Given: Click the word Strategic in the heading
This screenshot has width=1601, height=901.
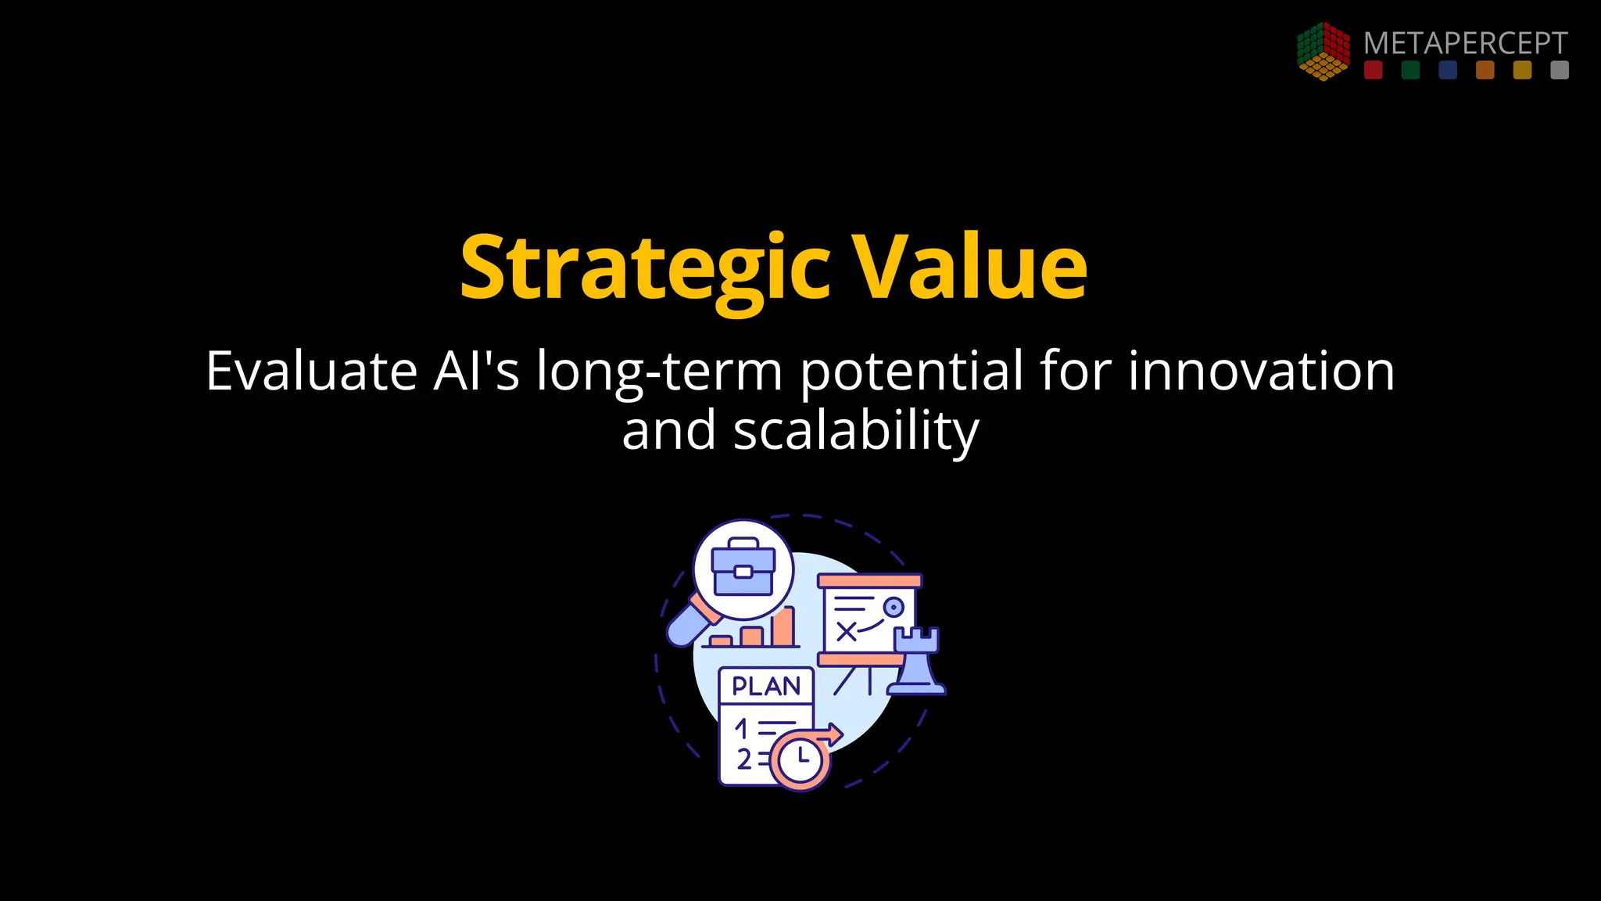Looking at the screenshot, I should [x=645, y=268].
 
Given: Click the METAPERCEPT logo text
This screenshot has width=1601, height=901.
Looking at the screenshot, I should [x=1465, y=43].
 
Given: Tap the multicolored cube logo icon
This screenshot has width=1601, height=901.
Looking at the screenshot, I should [x=1323, y=51].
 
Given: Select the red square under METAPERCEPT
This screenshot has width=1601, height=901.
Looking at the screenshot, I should [x=1373, y=70].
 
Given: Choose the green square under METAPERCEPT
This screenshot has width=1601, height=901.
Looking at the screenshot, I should [x=1410, y=70].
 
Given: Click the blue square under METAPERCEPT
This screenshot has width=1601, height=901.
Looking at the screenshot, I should [x=1448, y=70].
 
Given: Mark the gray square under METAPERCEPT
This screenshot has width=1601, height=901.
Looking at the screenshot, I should [x=1560, y=70].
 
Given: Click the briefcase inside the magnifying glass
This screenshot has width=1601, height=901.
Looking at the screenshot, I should [x=743, y=568].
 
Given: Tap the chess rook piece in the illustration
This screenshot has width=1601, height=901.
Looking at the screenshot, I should [x=916, y=661].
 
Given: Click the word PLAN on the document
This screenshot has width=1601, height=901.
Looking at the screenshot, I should [x=766, y=687].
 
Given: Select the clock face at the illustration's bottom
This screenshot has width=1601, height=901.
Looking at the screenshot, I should [x=800, y=759].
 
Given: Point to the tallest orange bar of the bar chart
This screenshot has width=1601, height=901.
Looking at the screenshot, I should [x=783, y=626].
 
